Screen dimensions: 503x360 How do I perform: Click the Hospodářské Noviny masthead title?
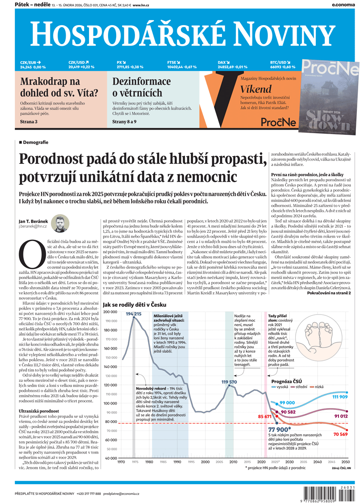pos(180,34)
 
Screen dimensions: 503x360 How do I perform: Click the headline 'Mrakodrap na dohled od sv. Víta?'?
pos(58,88)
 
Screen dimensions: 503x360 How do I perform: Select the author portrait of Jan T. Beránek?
pos(59,224)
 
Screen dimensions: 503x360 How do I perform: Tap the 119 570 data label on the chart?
pos(229,382)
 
